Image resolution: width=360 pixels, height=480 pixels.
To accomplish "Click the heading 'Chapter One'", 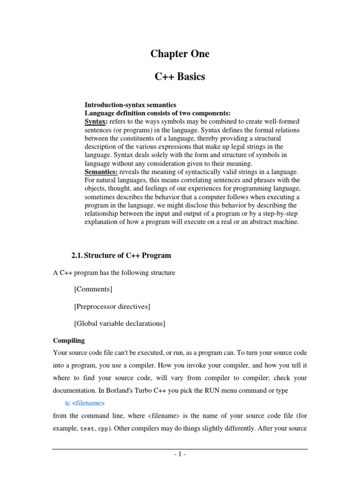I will (180, 54).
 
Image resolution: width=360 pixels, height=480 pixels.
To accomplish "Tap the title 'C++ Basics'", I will (180, 77).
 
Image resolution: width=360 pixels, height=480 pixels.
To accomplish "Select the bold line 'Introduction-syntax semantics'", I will (130, 105).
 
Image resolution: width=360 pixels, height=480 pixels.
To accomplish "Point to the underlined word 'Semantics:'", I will (101, 172).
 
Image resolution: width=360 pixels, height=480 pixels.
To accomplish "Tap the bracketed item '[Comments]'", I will (93, 289).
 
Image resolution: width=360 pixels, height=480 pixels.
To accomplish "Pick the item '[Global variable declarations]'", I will (120, 323).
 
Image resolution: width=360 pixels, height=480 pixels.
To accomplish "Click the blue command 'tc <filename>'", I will (85, 403).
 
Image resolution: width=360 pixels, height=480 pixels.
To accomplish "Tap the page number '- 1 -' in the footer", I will (180, 455).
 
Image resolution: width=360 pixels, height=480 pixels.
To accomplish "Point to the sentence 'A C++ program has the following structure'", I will (114, 272).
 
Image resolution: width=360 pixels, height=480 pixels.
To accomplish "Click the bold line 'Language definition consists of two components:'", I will (157, 113).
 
